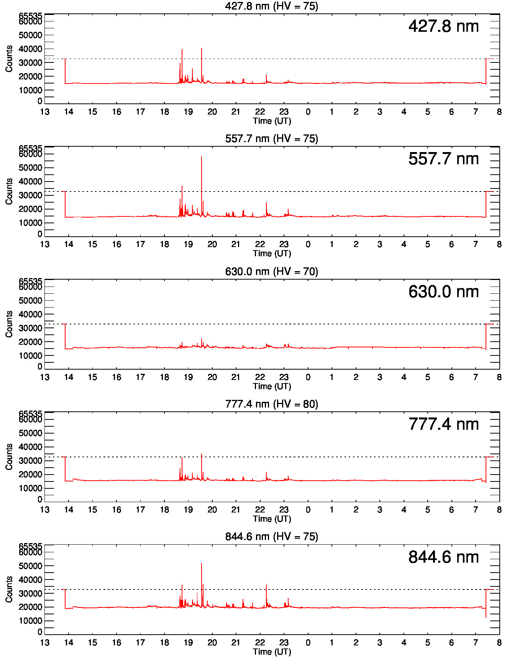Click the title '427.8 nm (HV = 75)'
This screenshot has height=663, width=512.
[x=271, y=6]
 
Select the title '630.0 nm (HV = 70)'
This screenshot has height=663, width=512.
[x=271, y=272]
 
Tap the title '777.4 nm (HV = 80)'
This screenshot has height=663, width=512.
[x=271, y=404]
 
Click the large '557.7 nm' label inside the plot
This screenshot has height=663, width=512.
[x=443, y=159]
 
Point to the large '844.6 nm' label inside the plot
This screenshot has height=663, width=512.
[x=443, y=557]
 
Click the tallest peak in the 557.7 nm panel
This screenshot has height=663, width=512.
[x=202, y=157]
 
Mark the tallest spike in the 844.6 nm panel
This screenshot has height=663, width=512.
[x=202, y=564]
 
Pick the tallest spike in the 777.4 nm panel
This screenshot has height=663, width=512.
[x=202, y=454]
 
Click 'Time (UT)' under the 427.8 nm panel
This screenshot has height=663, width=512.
[x=272, y=121]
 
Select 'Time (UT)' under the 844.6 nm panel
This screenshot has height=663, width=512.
[x=272, y=652]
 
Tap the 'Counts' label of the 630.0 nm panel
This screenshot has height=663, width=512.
[x=9, y=324]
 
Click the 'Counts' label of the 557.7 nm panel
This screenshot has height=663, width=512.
[x=9, y=191]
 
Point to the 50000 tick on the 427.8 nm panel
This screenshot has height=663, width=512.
[x=31, y=35]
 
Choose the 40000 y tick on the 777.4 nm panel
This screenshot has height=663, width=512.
[x=31, y=447]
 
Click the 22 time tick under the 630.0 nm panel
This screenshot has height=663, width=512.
[x=260, y=377]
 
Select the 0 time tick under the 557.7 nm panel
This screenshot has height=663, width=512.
[x=308, y=244]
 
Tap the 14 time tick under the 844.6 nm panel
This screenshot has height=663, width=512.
[x=69, y=643]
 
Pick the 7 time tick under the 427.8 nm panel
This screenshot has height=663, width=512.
[x=476, y=112]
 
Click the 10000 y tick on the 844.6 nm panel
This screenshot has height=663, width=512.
[x=31, y=621]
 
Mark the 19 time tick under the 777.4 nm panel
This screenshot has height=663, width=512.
[x=188, y=510]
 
